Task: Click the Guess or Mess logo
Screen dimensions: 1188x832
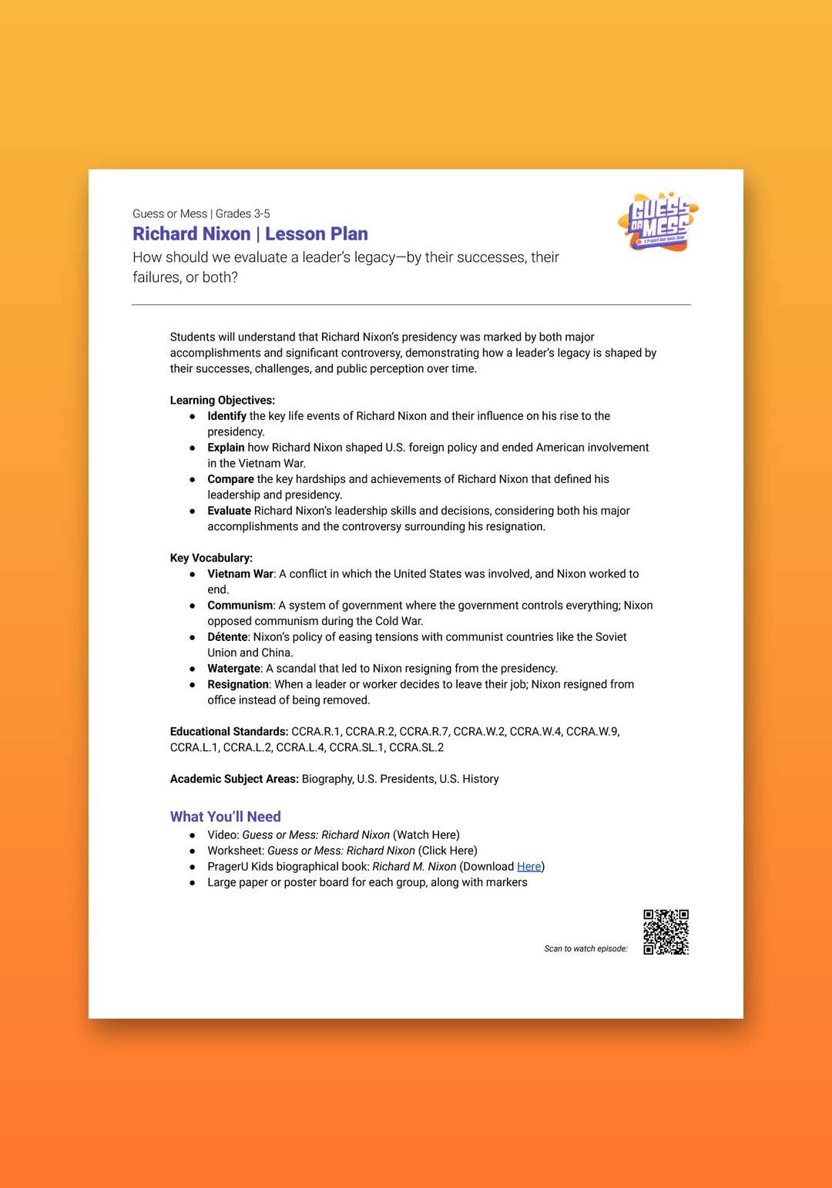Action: click(x=659, y=222)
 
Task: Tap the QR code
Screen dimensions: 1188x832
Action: click(x=666, y=932)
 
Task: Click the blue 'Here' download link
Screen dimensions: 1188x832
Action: click(x=528, y=867)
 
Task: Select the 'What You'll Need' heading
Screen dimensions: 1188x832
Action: click(x=226, y=817)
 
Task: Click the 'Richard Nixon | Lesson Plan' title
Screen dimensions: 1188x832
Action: click(x=250, y=234)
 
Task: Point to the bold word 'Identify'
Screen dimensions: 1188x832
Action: click(x=226, y=416)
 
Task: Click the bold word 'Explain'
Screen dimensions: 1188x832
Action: click(x=226, y=448)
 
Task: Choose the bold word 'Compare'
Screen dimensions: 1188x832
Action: click(x=230, y=479)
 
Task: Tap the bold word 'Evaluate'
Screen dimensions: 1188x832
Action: click(x=229, y=511)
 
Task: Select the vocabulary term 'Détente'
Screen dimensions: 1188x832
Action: click(x=227, y=637)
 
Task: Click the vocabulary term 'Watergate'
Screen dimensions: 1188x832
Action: click(x=234, y=669)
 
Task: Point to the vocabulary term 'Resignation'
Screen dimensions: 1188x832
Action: click(x=238, y=684)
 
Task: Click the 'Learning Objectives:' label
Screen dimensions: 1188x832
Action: click(x=223, y=401)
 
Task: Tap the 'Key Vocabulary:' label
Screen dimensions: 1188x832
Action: click(x=211, y=558)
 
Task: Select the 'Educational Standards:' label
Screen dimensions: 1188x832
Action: click(x=229, y=732)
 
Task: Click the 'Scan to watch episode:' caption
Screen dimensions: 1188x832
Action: click(x=585, y=949)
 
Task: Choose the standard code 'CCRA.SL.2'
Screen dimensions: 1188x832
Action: click(x=417, y=747)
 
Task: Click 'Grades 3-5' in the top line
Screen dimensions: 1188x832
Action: click(x=243, y=214)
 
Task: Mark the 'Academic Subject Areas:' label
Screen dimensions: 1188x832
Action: click(x=234, y=779)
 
